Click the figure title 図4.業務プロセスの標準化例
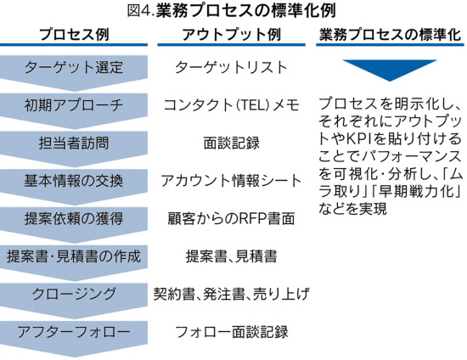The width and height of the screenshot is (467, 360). (x=232, y=10)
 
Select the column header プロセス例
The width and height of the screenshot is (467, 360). (x=74, y=34)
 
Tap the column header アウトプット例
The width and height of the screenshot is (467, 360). (x=232, y=34)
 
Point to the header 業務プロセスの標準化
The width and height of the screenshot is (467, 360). (x=390, y=34)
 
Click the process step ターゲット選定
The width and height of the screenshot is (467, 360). (x=74, y=67)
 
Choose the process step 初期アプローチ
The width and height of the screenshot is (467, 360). (x=74, y=105)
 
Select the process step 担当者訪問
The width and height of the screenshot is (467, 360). (x=74, y=143)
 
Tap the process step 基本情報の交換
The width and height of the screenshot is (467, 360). (x=74, y=181)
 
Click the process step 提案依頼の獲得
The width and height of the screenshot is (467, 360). (x=74, y=218)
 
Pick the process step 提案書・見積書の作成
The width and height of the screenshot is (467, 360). (x=74, y=256)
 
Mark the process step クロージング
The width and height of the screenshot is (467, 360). (x=74, y=294)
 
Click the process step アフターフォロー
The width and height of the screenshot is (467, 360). (x=74, y=332)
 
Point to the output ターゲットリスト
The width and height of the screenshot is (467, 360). (x=232, y=67)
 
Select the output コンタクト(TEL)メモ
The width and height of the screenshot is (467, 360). (x=232, y=105)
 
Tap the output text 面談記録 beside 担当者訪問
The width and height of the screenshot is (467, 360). (x=232, y=143)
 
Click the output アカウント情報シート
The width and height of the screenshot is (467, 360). (x=232, y=181)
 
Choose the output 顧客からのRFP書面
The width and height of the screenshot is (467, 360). (x=232, y=218)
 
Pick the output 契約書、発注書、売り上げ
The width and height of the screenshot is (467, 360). (x=232, y=294)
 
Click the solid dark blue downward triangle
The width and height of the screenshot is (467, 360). (x=390, y=69)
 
